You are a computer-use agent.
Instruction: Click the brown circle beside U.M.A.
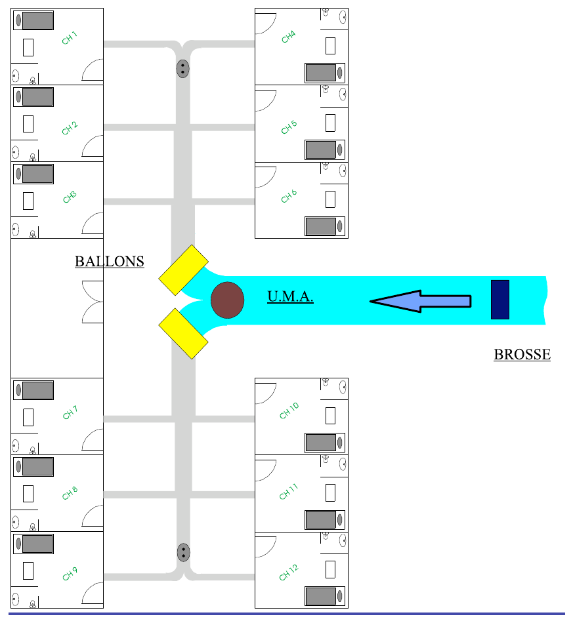pyautogui.click(x=227, y=300)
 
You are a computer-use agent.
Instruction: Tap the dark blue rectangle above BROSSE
pyautogui.click(x=500, y=300)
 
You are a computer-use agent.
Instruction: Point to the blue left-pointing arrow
pyautogui.click(x=421, y=301)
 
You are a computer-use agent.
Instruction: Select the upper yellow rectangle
pyautogui.click(x=183, y=270)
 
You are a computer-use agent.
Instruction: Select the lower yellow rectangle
pyautogui.click(x=183, y=334)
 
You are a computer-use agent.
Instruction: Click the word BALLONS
pyautogui.click(x=110, y=262)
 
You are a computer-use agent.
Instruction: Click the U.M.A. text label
pyautogui.click(x=290, y=296)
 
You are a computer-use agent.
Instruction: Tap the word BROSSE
pyautogui.click(x=522, y=354)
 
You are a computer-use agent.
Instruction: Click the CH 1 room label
pyautogui.click(x=69, y=38)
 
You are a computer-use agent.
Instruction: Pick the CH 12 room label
pyautogui.click(x=289, y=573)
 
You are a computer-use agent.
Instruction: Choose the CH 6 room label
pyautogui.click(x=289, y=196)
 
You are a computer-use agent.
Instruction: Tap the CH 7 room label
pyautogui.click(x=70, y=412)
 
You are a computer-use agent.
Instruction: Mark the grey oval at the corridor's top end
pyautogui.click(x=182, y=69)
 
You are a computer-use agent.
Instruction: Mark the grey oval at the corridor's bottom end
pyautogui.click(x=183, y=552)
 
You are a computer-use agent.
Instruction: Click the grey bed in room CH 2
pyautogui.click(x=37, y=97)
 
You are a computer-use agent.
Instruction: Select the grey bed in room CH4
pyautogui.click(x=321, y=73)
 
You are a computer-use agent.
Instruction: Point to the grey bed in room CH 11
pyautogui.click(x=321, y=519)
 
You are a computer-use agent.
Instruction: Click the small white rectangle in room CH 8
pyautogui.click(x=28, y=494)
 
